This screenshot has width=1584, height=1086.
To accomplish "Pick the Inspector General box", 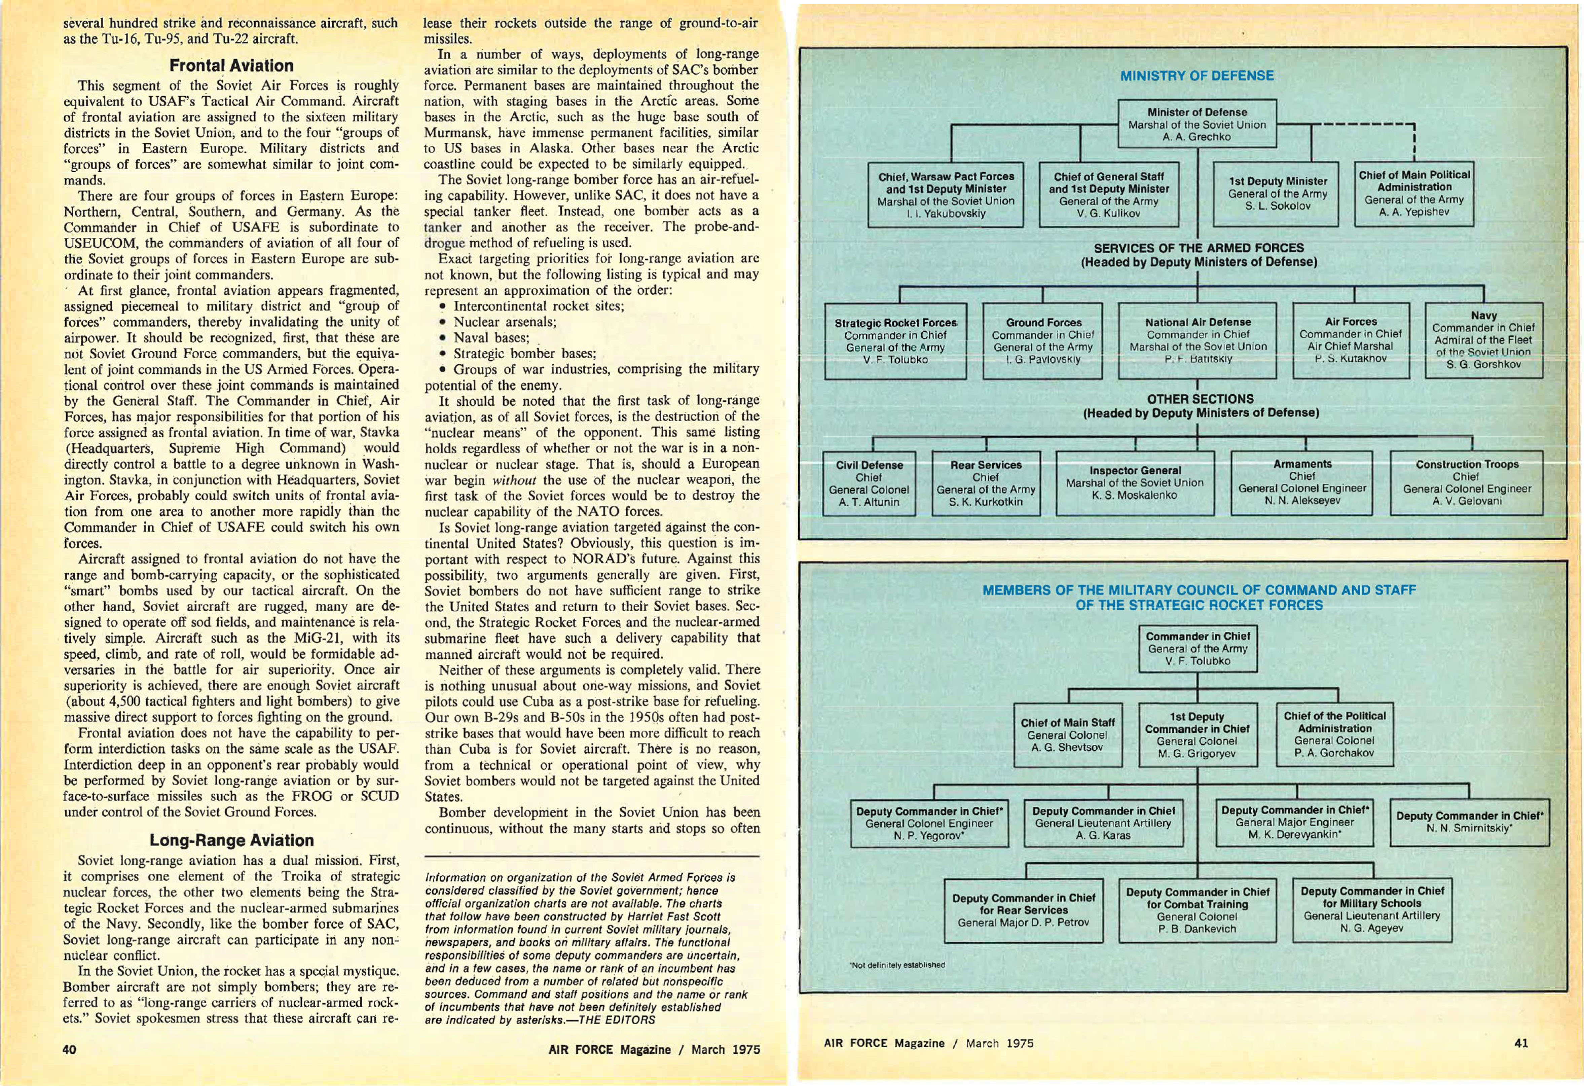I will [1135, 483].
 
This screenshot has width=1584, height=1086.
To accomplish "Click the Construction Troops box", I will [1466, 483].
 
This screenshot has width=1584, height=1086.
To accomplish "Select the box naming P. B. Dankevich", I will [1197, 910].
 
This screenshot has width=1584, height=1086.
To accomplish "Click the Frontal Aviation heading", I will [231, 66].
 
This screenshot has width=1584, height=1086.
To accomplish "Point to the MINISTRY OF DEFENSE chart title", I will [1197, 76].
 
